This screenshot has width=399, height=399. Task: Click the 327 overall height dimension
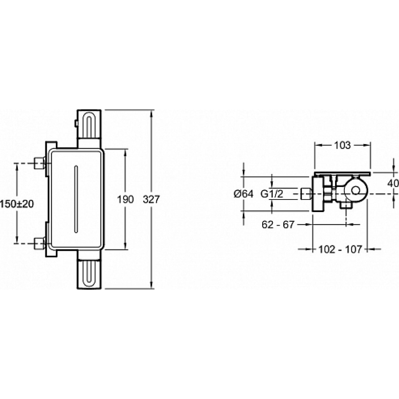click(x=151, y=199)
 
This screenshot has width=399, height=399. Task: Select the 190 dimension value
click(x=125, y=199)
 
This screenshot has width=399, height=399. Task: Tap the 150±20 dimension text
click(x=17, y=204)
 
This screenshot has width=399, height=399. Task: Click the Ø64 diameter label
click(x=244, y=194)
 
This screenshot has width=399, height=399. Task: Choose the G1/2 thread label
click(x=272, y=194)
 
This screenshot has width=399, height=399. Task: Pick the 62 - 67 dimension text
click(x=278, y=224)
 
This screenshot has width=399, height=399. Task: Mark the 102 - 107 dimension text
click(x=340, y=249)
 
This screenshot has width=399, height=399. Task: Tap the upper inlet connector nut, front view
click(x=39, y=163)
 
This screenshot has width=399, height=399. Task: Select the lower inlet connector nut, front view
click(x=39, y=243)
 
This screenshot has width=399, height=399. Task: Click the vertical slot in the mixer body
click(x=76, y=199)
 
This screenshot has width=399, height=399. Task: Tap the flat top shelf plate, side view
click(x=342, y=173)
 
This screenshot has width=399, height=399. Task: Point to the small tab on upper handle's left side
click(x=76, y=124)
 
